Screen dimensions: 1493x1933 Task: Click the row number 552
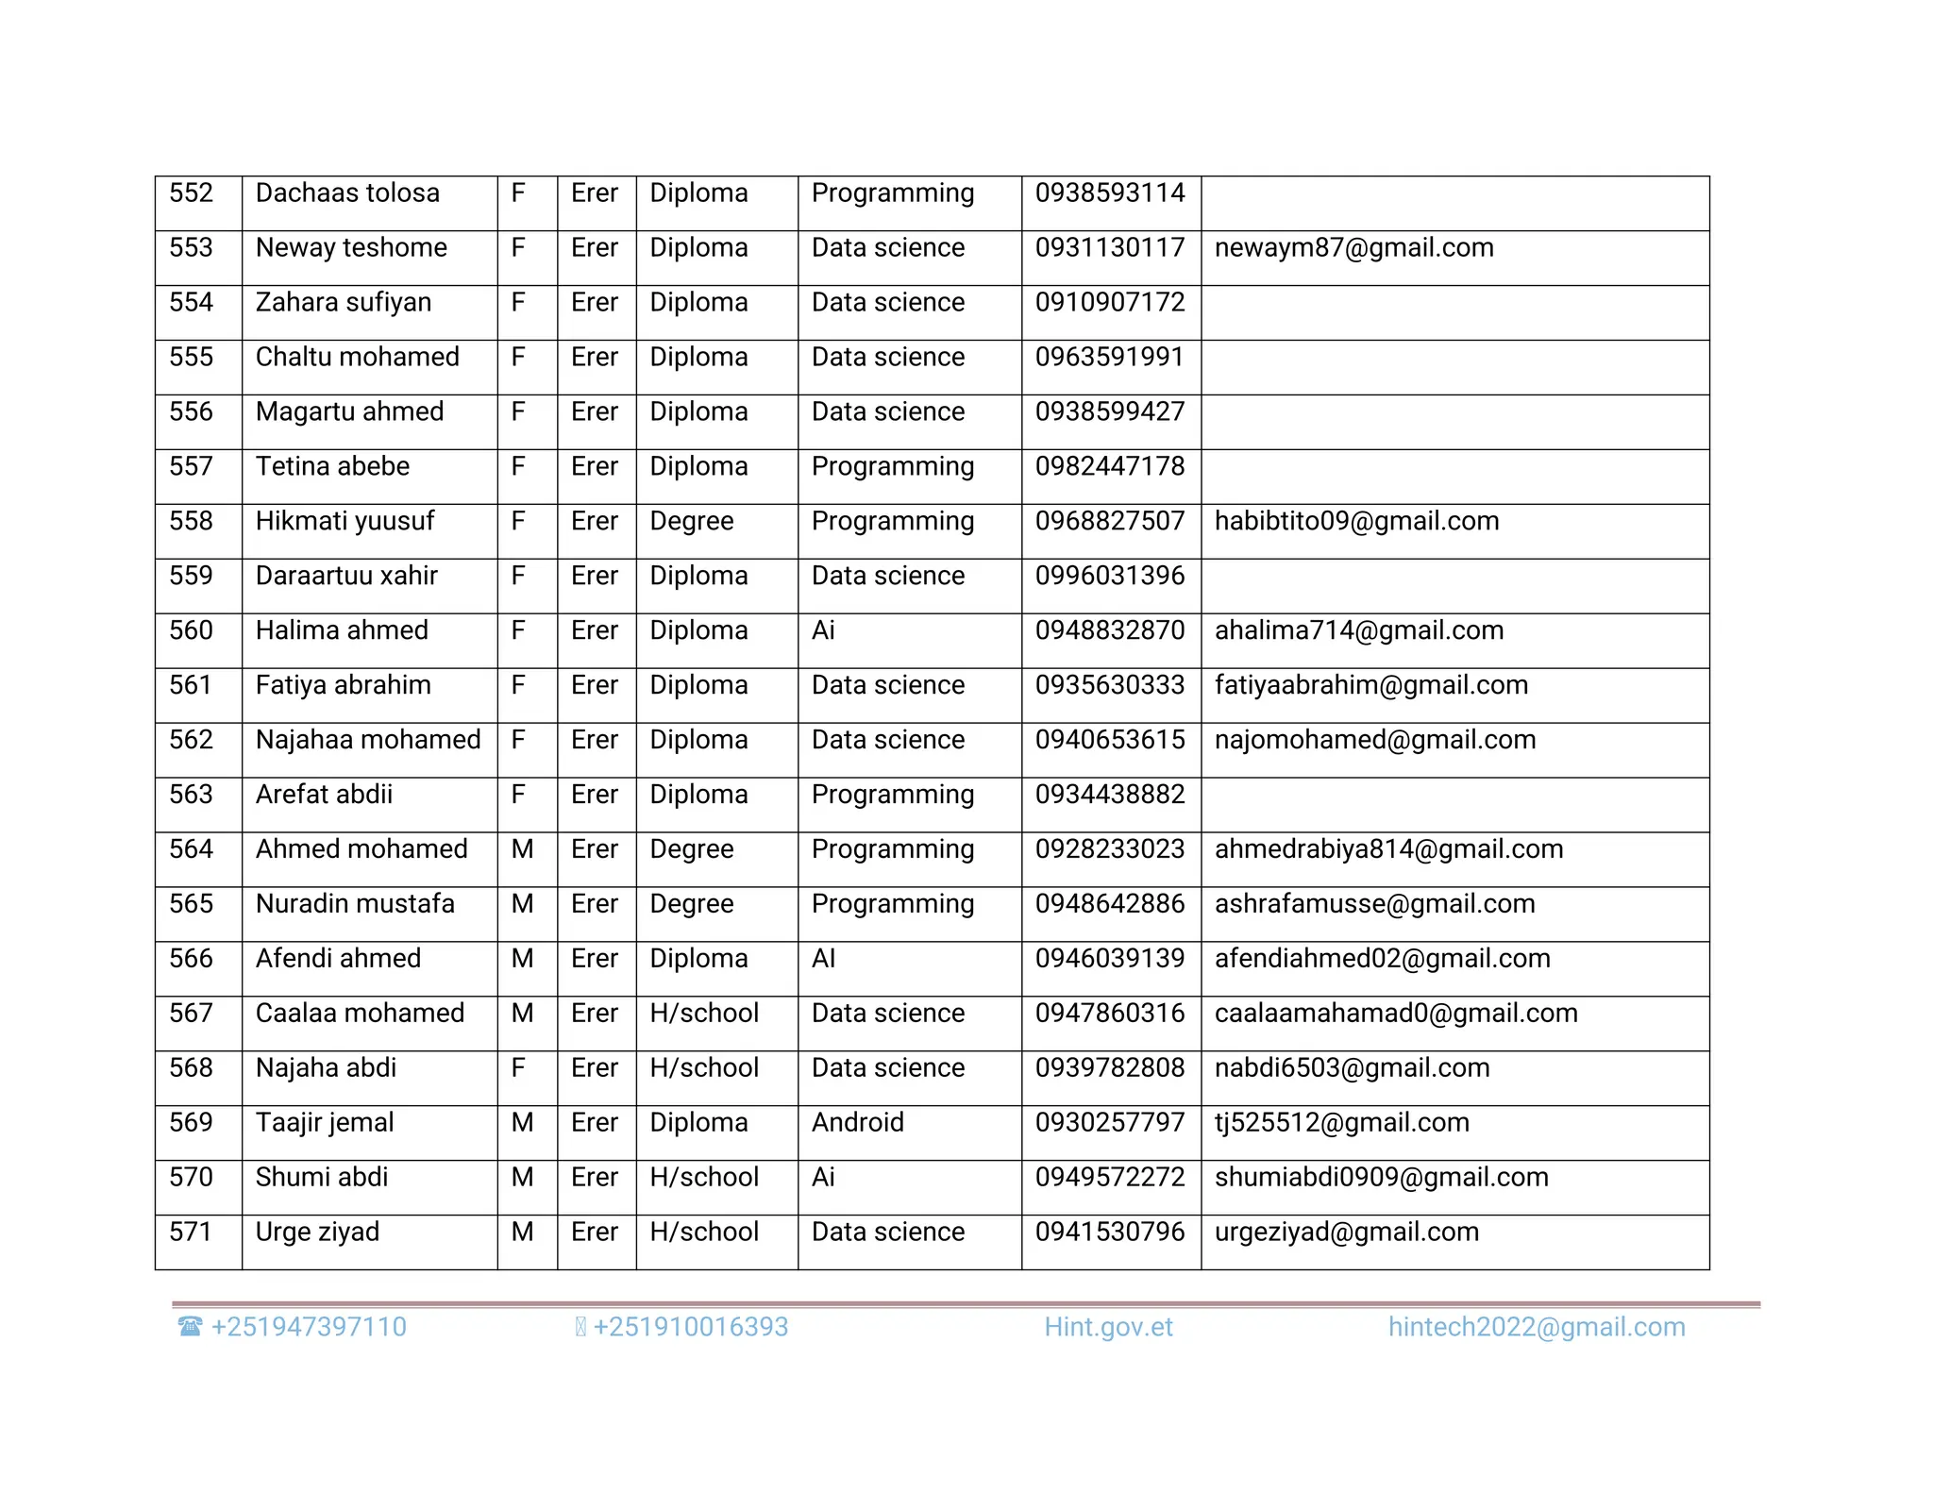pyautogui.click(x=192, y=193)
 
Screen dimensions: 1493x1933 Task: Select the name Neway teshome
pyautogui.click(x=351, y=248)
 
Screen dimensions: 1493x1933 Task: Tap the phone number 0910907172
pyautogui.click(x=1109, y=303)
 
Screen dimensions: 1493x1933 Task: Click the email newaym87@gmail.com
pyautogui.click(x=1353, y=248)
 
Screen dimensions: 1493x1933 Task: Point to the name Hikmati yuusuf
pyautogui.click(x=345, y=522)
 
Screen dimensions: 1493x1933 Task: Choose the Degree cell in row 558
pyautogui.click(x=691, y=522)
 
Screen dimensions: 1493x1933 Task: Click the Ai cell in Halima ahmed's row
pyautogui.click(x=823, y=631)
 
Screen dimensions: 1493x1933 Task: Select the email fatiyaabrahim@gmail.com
pyautogui.click(x=1370, y=686)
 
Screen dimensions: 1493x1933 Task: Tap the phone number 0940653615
pyautogui.click(x=1109, y=741)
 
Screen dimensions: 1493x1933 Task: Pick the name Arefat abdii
pyautogui.click(x=324, y=796)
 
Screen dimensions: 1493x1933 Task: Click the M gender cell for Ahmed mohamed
pyautogui.click(x=522, y=850)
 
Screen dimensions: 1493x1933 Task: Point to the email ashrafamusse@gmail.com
pyautogui.click(x=1374, y=905)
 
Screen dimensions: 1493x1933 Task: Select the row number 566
pyautogui.click(x=192, y=960)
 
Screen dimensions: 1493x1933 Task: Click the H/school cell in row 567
pyautogui.click(x=704, y=1015)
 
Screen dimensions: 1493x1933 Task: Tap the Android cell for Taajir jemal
pyautogui.click(x=857, y=1124)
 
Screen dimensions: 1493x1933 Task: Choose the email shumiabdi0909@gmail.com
pyautogui.click(x=1381, y=1179)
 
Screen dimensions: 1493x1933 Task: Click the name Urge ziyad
pyautogui.click(x=317, y=1233)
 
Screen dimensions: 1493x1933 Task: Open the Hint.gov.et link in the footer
pyautogui.click(x=1108, y=1328)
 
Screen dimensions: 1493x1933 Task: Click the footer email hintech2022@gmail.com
pyautogui.click(x=1536, y=1328)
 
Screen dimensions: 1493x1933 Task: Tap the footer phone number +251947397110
pyautogui.click(x=308, y=1328)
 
